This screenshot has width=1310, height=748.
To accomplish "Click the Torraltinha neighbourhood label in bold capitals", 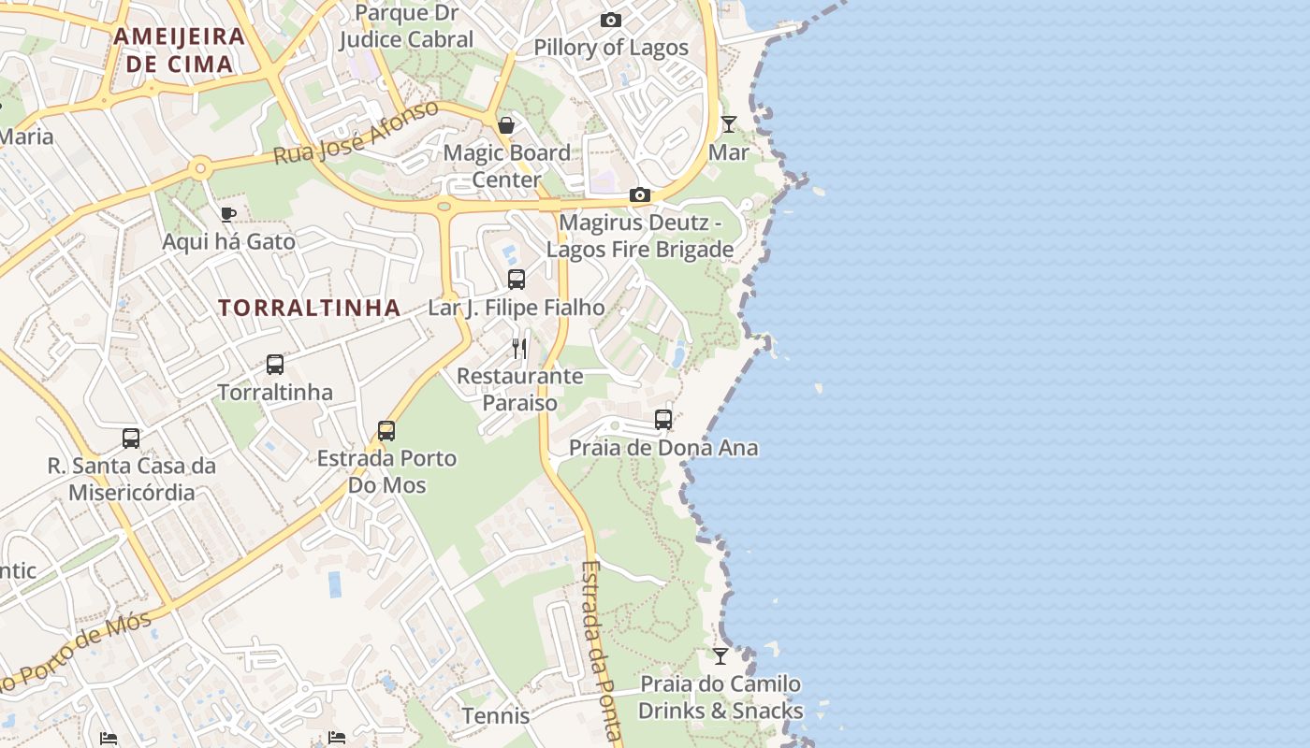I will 310,308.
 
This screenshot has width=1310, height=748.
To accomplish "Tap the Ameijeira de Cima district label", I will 179,50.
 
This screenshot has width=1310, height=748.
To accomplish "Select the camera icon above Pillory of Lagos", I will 611,20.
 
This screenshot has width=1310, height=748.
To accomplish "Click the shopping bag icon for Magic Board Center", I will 506,125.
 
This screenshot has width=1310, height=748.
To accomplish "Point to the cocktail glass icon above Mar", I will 728,123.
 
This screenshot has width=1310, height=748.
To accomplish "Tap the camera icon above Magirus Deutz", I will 640,194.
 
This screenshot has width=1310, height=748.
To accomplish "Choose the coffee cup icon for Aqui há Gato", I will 227,214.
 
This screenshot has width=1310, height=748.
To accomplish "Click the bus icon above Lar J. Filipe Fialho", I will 516,279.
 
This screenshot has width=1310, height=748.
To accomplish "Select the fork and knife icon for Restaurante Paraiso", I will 519,349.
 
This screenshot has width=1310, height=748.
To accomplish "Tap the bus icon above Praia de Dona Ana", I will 663,420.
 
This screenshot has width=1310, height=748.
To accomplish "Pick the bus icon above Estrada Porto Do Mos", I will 386,430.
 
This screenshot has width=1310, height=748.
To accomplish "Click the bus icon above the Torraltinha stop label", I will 274,365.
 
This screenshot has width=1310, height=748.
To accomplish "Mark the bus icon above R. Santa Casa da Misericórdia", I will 131,438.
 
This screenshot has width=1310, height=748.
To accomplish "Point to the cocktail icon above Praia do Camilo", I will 720,655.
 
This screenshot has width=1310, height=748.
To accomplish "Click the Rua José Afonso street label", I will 356,133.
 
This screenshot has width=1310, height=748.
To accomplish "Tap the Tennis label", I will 496,716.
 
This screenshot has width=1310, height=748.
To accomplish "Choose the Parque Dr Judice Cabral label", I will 406,26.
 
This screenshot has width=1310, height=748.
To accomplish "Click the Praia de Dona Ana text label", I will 663,448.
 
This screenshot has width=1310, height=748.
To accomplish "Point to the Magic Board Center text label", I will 506,165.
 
